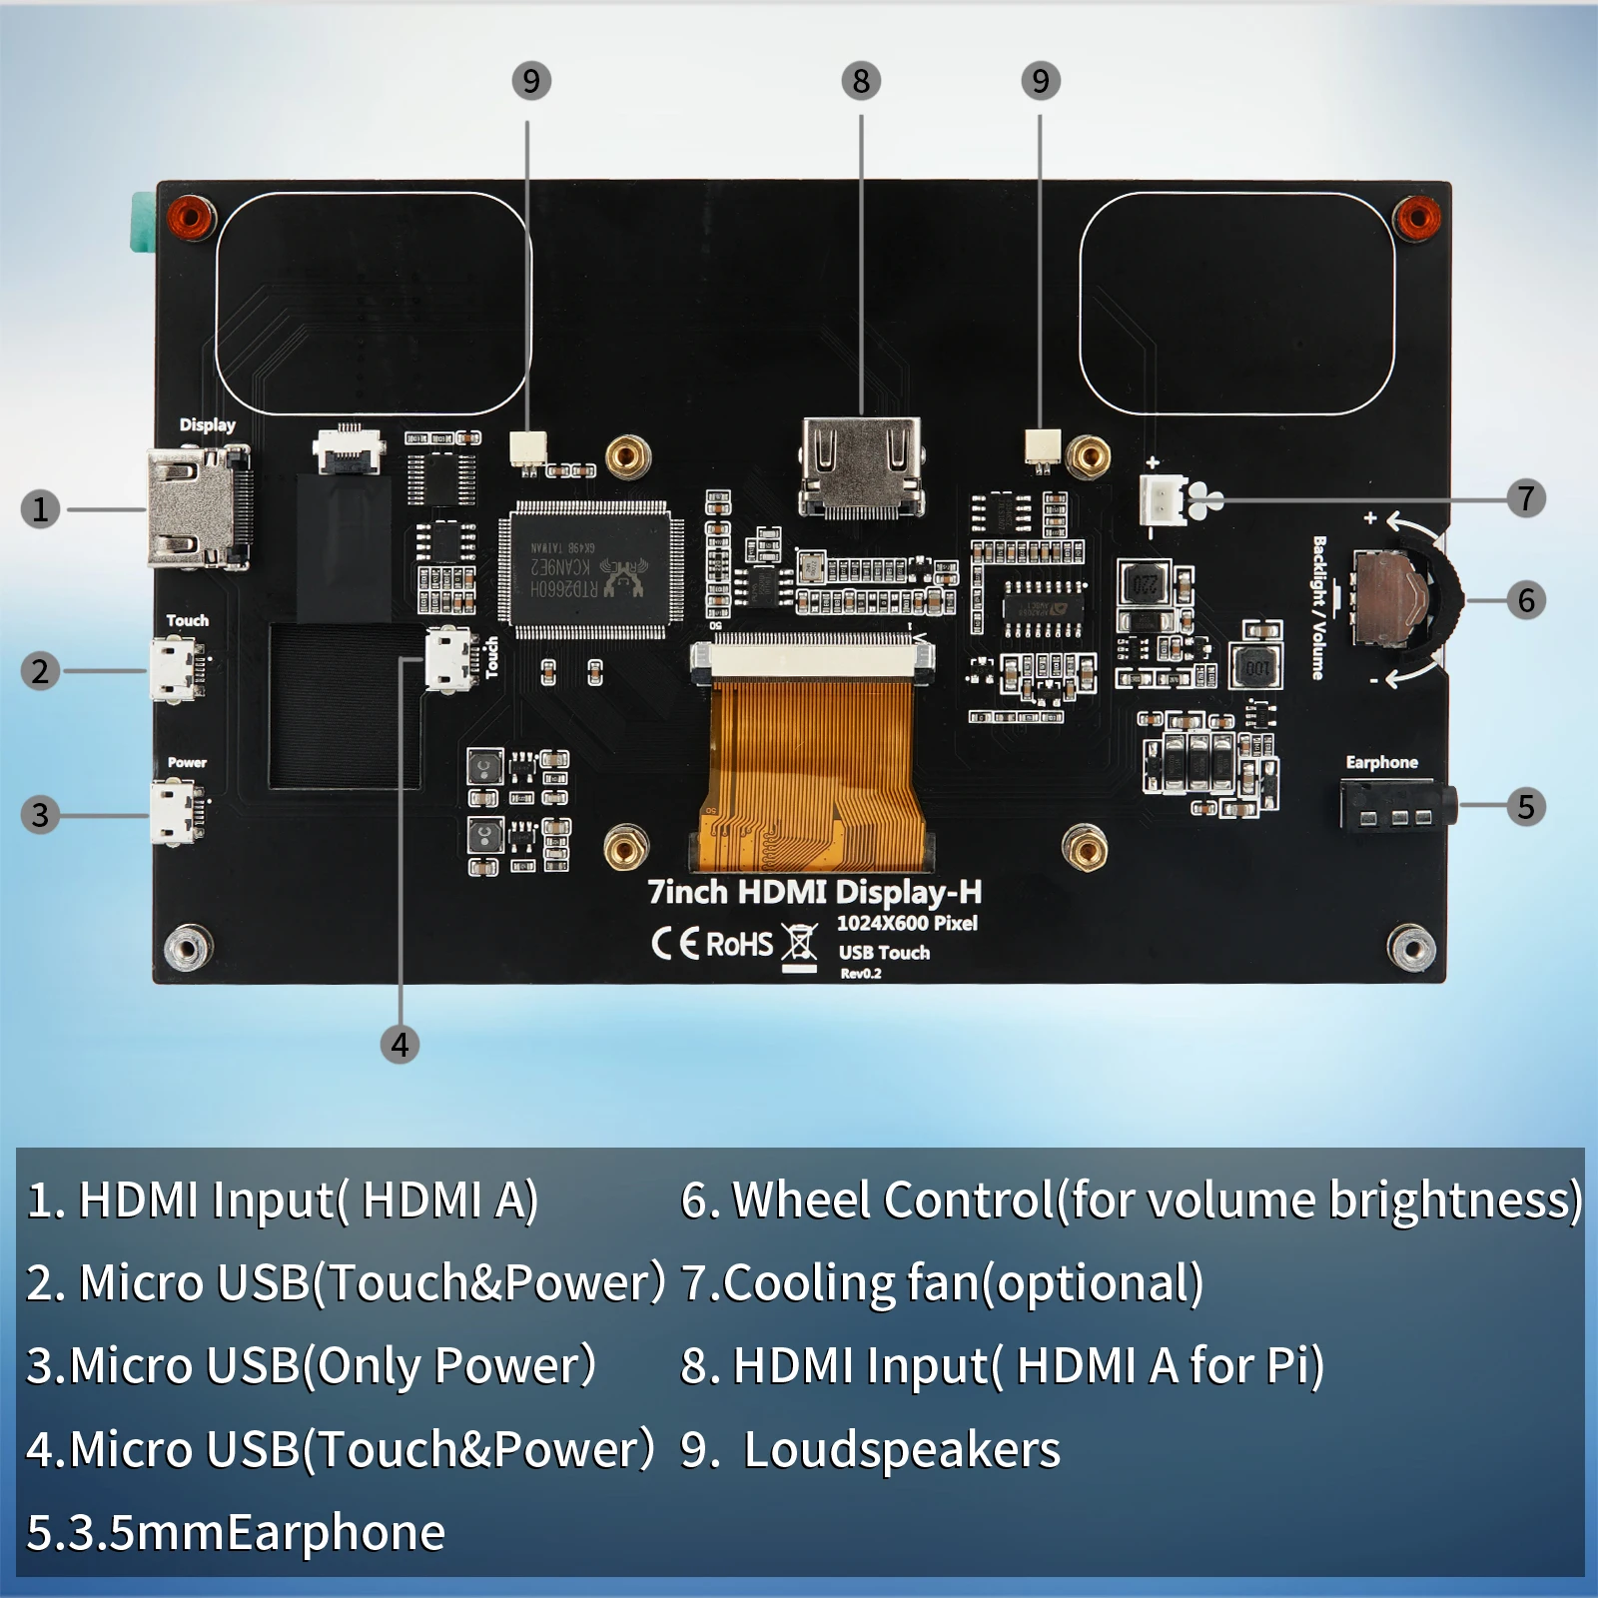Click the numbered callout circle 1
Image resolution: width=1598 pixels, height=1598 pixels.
(x=40, y=509)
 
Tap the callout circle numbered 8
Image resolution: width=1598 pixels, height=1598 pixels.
(x=861, y=81)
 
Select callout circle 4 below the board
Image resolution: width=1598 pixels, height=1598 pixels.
(x=399, y=1045)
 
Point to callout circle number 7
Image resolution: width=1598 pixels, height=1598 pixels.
(x=1525, y=497)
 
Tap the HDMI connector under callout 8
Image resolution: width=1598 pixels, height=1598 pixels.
(x=861, y=466)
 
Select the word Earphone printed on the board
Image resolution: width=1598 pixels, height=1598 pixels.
(x=1381, y=762)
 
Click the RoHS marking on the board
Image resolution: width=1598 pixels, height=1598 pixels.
(x=739, y=944)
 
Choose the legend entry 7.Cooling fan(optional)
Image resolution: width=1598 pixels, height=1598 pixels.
(x=942, y=1283)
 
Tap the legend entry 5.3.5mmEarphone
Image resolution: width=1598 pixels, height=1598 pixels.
(x=236, y=1532)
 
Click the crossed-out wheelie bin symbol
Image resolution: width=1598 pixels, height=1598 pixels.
(x=799, y=944)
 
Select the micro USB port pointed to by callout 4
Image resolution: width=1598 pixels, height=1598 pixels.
(x=449, y=658)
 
